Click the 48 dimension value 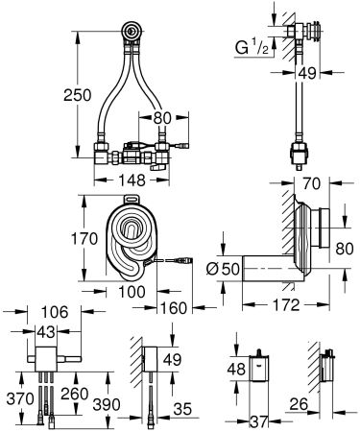pos(235,370)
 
